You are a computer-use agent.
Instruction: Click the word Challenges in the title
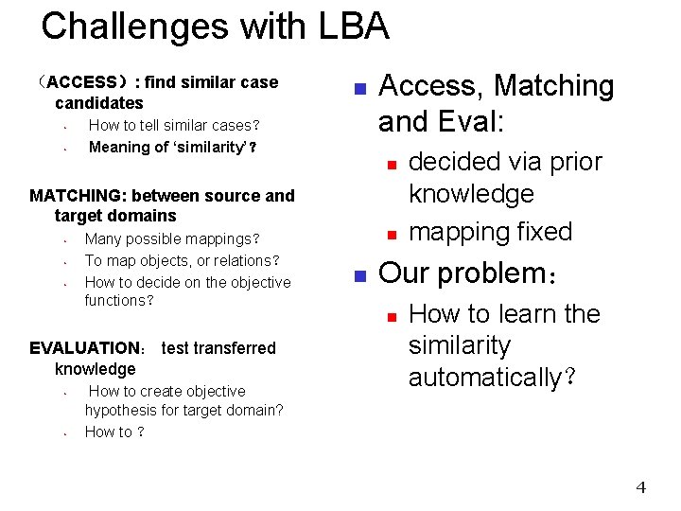pyautogui.click(x=135, y=26)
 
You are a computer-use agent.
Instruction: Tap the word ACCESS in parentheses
pyautogui.click(x=81, y=82)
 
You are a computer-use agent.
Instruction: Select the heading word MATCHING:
pyautogui.click(x=78, y=196)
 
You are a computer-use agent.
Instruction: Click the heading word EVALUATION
pyautogui.click(x=84, y=348)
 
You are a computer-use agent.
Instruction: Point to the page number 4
pyautogui.click(x=640, y=488)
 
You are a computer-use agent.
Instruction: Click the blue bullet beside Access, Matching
pyautogui.click(x=359, y=90)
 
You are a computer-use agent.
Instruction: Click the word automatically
pyautogui.click(x=484, y=378)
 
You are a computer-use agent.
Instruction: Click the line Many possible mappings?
pyautogui.click(x=171, y=239)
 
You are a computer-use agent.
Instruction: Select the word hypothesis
pyautogui.click(x=123, y=410)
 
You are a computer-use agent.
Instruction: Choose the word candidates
pyautogui.click(x=98, y=103)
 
